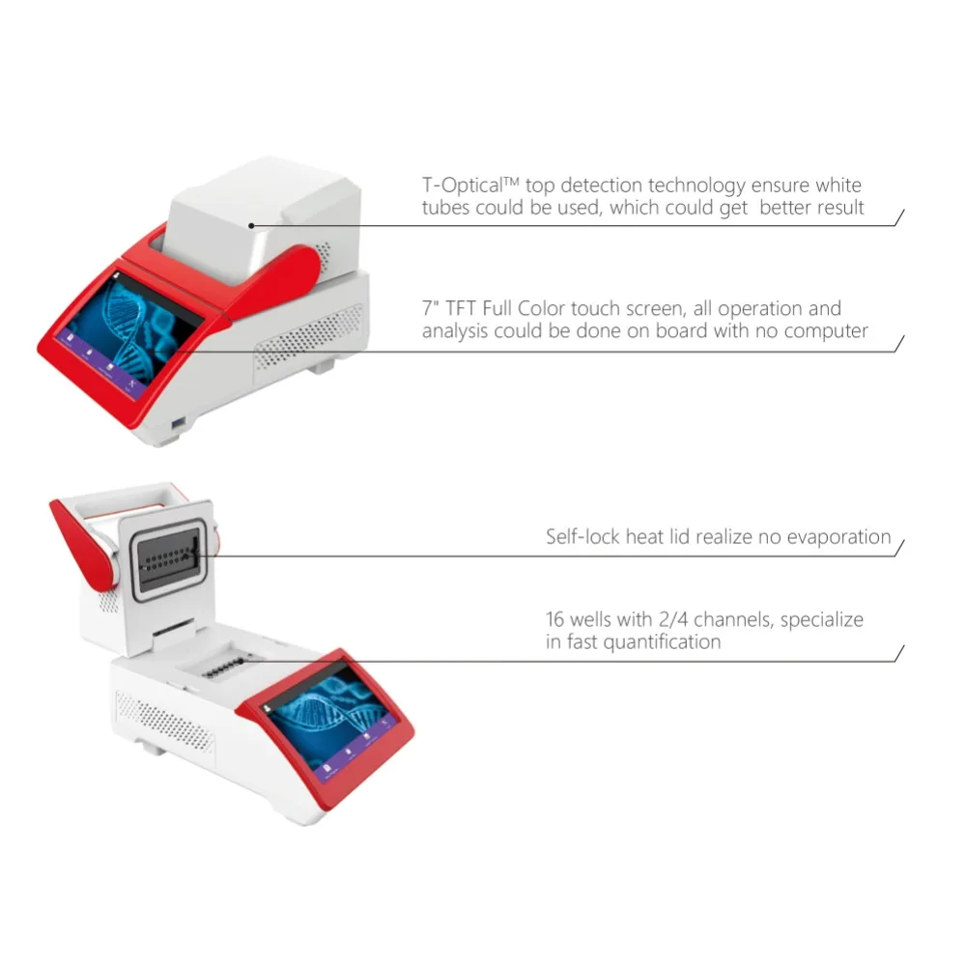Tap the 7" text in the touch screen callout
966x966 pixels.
click(x=431, y=309)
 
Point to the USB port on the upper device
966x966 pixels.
click(x=180, y=426)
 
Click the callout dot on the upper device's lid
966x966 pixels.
click(x=251, y=226)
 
